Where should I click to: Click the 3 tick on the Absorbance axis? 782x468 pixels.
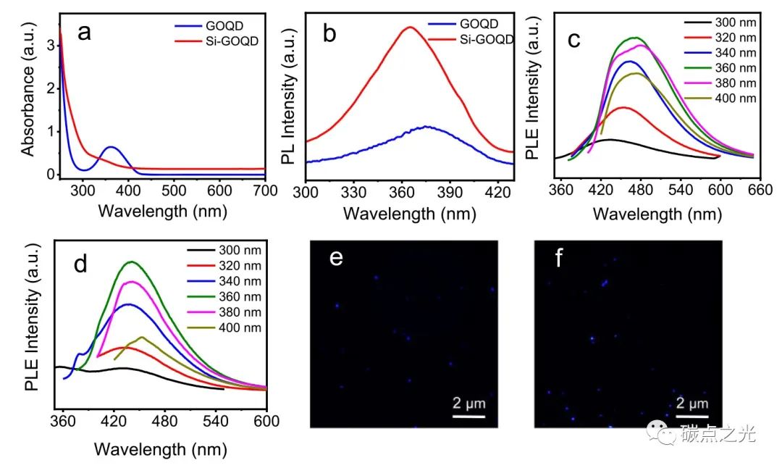point(50,46)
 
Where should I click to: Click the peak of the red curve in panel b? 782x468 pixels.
point(410,28)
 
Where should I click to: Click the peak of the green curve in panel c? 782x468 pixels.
point(636,38)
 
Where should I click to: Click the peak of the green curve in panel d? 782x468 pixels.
point(132,262)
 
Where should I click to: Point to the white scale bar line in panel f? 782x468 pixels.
point(693,416)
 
